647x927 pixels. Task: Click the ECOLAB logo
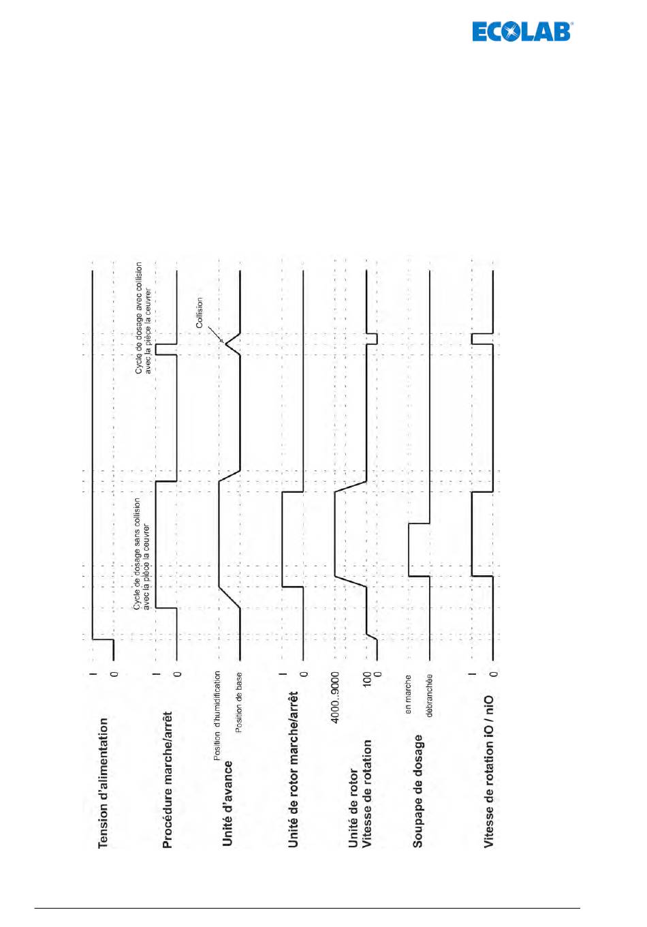point(522,31)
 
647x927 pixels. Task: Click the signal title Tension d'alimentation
point(103,782)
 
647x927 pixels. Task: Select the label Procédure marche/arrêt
point(167,780)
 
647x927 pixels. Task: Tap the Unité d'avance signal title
point(227,804)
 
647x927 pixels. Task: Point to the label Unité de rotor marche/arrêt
point(293,769)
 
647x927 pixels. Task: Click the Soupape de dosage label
point(417,791)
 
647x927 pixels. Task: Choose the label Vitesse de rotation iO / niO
point(488,771)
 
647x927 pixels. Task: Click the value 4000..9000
point(334,697)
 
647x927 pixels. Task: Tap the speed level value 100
point(367,678)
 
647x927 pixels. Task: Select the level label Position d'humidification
point(217,715)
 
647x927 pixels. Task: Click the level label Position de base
point(238,702)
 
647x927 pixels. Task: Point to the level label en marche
point(408,694)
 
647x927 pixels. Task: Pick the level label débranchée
point(429,695)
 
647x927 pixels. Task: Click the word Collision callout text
point(200,313)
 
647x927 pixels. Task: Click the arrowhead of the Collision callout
point(222,340)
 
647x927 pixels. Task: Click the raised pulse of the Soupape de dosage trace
point(409,549)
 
